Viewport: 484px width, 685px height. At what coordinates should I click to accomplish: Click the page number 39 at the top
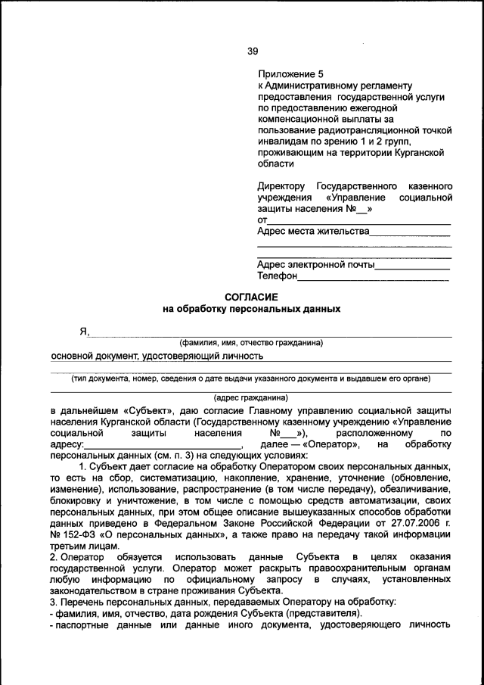253,51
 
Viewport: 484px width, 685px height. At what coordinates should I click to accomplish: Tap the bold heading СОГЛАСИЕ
252,297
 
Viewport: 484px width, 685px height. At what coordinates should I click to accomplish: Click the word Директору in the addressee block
281,185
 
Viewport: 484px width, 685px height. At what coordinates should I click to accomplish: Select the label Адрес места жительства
313,231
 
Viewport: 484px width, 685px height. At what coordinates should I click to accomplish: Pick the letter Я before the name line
84,331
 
